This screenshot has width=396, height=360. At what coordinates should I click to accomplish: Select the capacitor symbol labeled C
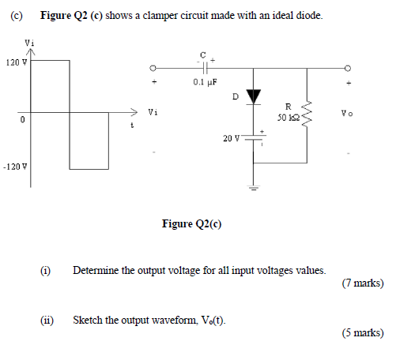click(x=203, y=67)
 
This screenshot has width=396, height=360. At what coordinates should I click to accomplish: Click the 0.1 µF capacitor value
click(x=205, y=81)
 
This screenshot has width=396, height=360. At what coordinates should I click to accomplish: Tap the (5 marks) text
click(x=363, y=333)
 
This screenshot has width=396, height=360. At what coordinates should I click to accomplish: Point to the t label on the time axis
click(x=133, y=126)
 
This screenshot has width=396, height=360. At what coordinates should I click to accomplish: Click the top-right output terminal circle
click(x=345, y=67)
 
